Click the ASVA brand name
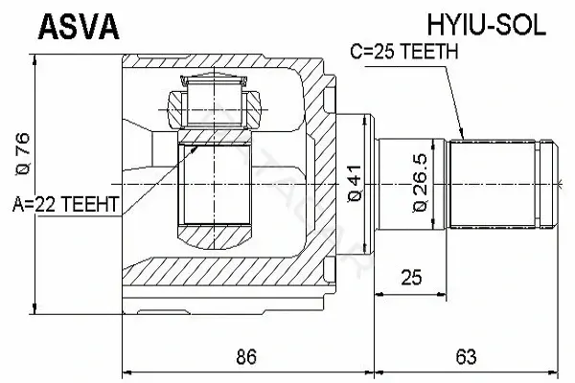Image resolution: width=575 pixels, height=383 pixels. [x=79, y=27]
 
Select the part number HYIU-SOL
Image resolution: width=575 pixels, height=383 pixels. [x=486, y=26]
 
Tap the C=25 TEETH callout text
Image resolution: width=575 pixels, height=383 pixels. [x=404, y=52]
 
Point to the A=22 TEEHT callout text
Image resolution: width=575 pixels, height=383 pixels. [x=66, y=204]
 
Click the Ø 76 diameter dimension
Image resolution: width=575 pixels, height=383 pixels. [x=22, y=154]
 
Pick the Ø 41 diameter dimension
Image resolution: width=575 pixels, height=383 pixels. [x=355, y=183]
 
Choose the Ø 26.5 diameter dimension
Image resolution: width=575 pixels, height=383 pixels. [x=421, y=183]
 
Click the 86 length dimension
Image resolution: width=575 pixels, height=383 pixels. [x=246, y=356]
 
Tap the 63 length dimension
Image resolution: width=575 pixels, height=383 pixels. [x=466, y=356]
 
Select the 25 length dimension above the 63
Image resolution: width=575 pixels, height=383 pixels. [x=411, y=278]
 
